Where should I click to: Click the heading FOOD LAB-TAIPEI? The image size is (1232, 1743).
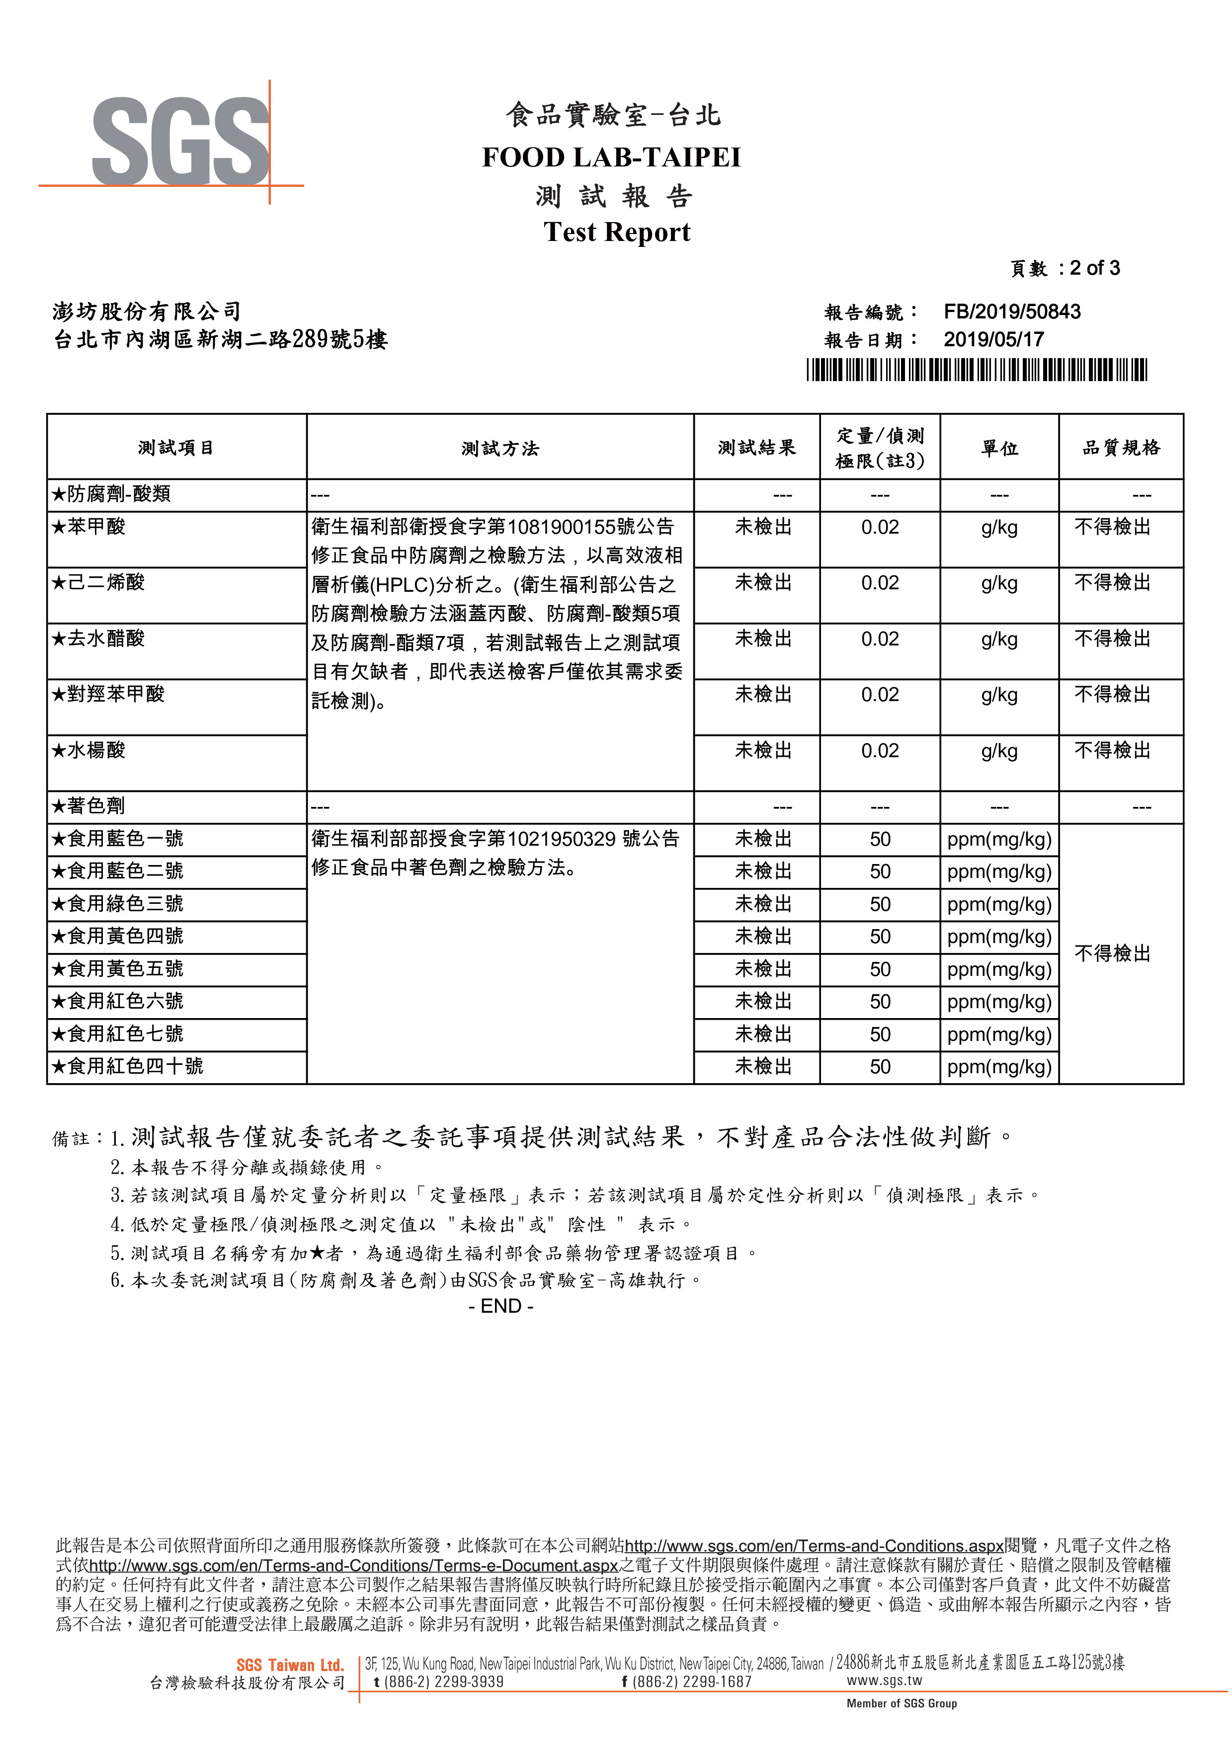point(611,158)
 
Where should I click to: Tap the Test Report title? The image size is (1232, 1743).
point(616,232)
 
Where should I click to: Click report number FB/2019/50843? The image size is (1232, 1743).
point(1011,312)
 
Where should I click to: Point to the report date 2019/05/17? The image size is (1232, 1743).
point(993,339)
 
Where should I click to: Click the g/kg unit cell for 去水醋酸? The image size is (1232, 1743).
point(998,639)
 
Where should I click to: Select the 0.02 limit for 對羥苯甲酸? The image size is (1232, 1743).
point(879,695)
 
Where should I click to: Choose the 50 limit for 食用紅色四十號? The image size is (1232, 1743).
point(879,1067)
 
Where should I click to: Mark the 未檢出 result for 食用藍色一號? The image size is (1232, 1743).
point(762,839)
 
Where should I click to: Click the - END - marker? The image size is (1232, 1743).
point(500,1306)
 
